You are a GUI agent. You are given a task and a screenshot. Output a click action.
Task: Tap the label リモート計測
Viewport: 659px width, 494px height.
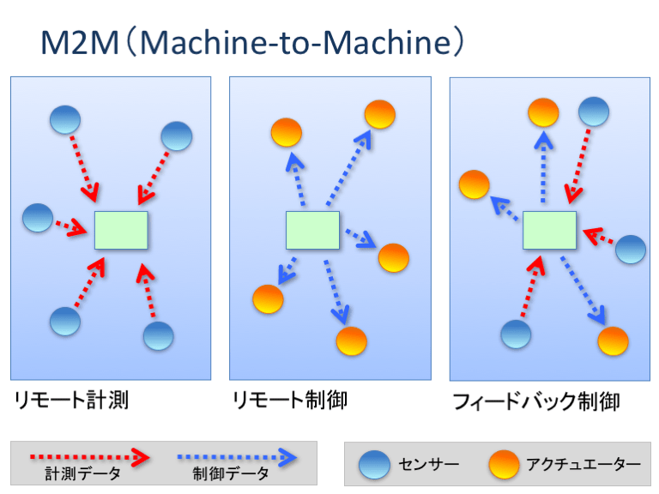70,400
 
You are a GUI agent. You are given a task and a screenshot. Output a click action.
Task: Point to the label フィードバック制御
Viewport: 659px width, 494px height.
535,401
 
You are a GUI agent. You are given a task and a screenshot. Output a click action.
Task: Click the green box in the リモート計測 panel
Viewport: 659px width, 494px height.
121,230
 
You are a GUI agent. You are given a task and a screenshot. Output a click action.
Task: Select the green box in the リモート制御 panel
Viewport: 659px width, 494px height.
312,231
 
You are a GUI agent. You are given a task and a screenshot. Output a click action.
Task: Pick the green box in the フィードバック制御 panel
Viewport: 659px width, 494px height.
549,231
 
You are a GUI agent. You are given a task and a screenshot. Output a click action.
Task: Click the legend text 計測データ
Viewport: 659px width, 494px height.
82,473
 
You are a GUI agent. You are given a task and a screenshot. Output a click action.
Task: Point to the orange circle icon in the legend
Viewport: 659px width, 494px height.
504,465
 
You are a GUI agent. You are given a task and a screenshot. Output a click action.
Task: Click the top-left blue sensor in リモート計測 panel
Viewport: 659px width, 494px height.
65,119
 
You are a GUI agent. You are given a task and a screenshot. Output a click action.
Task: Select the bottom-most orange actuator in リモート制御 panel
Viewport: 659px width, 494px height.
352,340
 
